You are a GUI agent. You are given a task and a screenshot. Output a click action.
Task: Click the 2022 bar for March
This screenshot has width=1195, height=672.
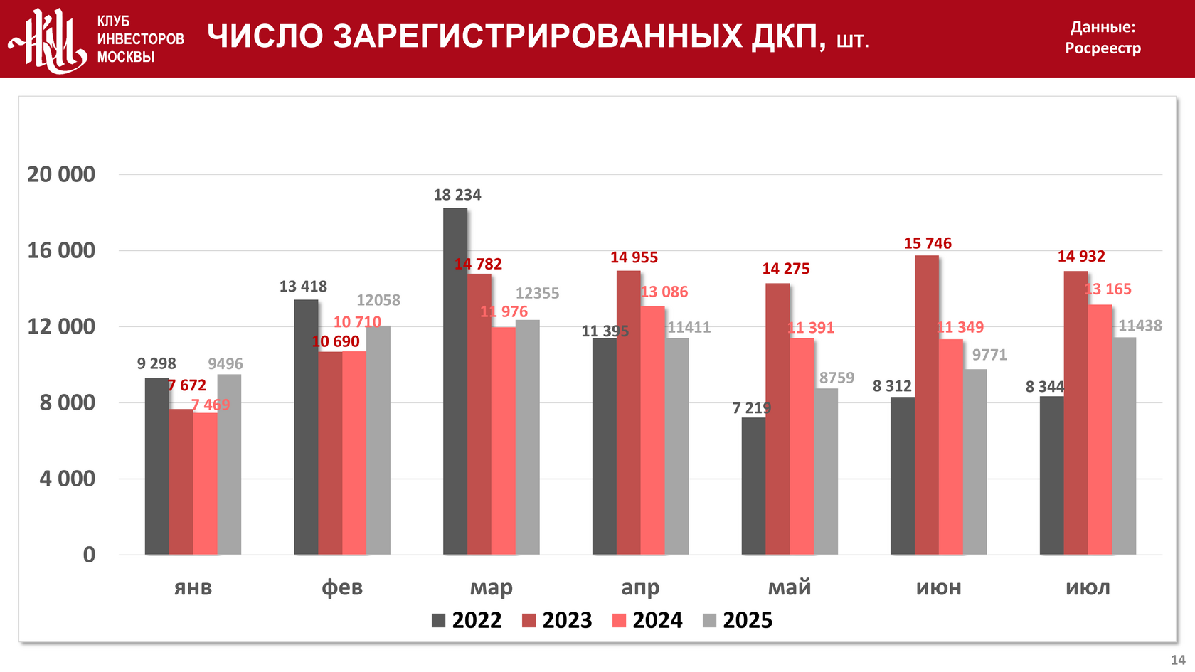click(x=455, y=381)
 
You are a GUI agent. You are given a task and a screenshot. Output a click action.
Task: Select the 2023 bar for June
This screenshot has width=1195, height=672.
click(x=926, y=405)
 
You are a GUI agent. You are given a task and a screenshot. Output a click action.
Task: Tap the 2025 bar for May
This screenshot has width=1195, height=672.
click(x=826, y=471)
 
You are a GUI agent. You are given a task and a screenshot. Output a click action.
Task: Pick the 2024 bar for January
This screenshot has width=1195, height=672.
click(x=205, y=484)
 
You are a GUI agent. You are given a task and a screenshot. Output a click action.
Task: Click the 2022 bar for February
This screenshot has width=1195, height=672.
click(x=306, y=427)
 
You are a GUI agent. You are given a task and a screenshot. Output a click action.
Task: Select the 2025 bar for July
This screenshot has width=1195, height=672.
click(x=1124, y=446)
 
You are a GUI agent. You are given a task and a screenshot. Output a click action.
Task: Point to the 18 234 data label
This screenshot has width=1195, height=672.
click(x=457, y=195)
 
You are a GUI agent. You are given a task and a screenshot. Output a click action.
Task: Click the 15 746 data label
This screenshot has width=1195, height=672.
click(x=928, y=243)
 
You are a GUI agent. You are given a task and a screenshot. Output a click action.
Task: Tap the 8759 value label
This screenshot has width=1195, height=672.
click(x=836, y=378)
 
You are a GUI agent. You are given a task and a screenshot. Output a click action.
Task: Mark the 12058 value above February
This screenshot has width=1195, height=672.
click(x=378, y=300)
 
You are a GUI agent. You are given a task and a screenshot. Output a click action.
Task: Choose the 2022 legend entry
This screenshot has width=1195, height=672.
click(x=467, y=620)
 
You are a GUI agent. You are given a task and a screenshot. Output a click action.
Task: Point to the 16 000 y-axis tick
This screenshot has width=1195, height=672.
click(x=61, y=250)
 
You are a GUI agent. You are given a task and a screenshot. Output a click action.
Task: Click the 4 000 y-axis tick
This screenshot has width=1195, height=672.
click(x=68, y=479)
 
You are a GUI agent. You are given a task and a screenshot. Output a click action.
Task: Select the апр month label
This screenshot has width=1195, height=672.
click(x=640, y=587)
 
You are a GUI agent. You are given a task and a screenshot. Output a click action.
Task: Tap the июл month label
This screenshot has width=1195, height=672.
click(x=1088, y=587)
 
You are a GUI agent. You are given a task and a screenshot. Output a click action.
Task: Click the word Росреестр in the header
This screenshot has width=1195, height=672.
click(x=1103, y=48)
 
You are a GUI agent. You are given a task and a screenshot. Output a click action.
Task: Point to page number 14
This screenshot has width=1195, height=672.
click(x=1178, y=660)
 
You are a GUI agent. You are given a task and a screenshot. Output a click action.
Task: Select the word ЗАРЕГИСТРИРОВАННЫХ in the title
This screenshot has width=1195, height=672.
click(x=538, y=36)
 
